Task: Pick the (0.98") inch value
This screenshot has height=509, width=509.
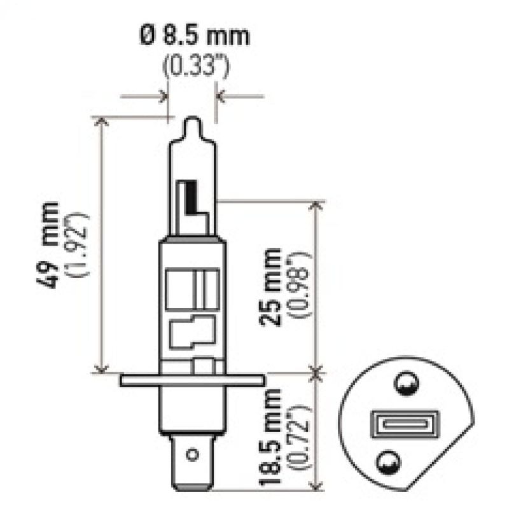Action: tap(299, 284)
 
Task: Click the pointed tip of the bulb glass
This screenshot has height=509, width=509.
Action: tap(192, 121)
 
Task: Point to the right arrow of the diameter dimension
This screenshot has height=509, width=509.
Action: tap(221, 97)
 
